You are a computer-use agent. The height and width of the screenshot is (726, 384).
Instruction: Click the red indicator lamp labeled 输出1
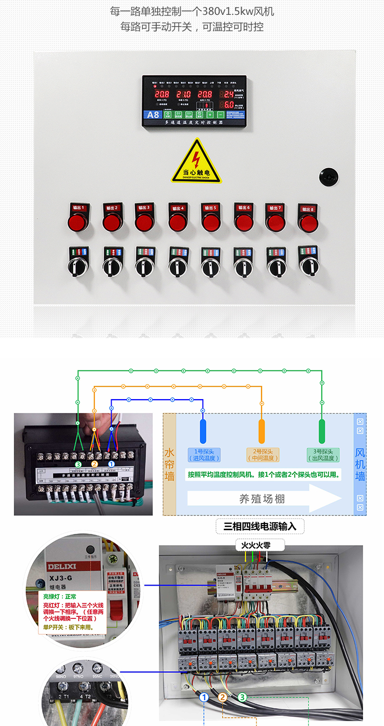[x=78, y=221]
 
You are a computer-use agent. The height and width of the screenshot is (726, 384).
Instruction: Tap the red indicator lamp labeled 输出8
[x=308, y=223]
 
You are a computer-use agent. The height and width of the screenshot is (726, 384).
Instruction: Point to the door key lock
[x=329, y=177]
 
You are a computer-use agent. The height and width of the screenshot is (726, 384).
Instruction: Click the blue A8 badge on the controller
[x=153, y=115]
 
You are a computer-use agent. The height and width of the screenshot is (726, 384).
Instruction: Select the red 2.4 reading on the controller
[x=226, y=94]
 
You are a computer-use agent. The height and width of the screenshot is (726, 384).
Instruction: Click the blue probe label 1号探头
[x=203, y=454]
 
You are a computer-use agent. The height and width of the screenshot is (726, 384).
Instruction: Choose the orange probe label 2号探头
[x=262, y=454]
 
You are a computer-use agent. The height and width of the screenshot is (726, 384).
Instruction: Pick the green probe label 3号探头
[x=322, y=454]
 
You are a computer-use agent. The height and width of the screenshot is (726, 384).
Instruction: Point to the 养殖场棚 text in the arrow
[x=262, y=499]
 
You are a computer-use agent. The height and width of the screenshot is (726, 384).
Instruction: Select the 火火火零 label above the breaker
[x=259, y=545]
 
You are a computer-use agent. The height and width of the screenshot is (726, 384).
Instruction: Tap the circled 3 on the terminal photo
[x=78, y=464]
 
